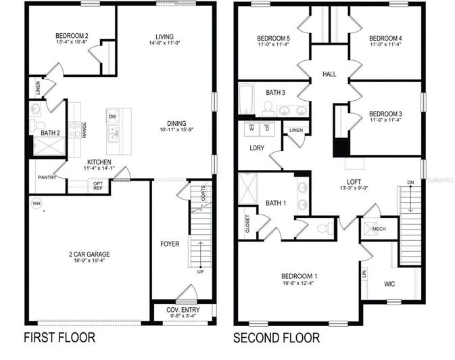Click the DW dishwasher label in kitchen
point(112,116)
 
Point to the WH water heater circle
point(36,202)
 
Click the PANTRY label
point(47,177)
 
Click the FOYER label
point(170,244)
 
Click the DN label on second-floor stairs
point(410,182)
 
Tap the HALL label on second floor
point(329,74)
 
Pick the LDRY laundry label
point(257,147)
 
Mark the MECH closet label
point(379,229)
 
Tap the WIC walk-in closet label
point(391,284)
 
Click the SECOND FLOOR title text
point(277,337)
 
